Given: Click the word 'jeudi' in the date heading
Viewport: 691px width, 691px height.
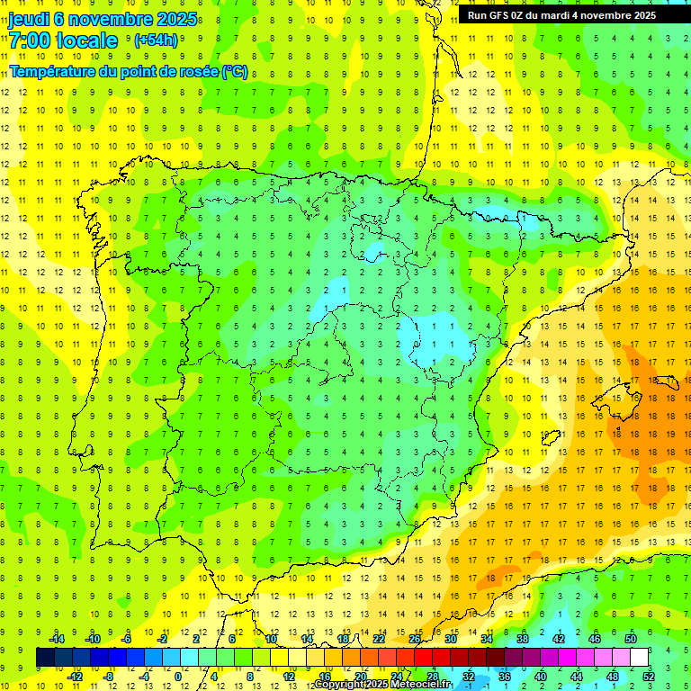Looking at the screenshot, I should [30, 19].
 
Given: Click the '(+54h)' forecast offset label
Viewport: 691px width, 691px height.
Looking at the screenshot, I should [156, 40].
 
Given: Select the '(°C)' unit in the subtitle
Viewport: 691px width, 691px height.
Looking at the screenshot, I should [235, 72].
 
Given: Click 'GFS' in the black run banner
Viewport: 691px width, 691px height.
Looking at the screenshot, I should [498, 15].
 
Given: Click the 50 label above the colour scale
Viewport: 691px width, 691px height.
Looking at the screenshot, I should [630, 639].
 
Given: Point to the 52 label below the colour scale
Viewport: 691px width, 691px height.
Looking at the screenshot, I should [649, 677].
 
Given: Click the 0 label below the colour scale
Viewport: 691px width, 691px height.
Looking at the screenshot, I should [179, 677].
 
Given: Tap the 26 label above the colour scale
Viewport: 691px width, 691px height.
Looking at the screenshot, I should [415, 639].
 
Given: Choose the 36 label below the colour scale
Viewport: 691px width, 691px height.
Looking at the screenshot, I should [505, 677].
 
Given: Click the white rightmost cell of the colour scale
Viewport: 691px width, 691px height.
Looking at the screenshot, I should [639, 658].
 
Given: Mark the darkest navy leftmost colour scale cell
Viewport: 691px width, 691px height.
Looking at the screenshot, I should [45, 658].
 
